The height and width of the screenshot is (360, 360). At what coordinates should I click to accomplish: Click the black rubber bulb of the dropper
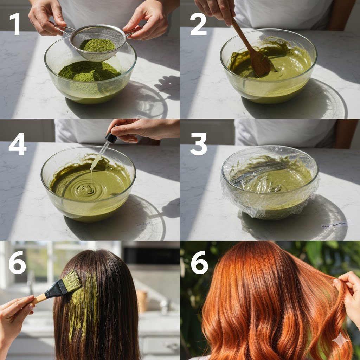click(x=111, y=138)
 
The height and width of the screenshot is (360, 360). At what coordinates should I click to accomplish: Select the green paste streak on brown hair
click(x=83, y=302)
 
